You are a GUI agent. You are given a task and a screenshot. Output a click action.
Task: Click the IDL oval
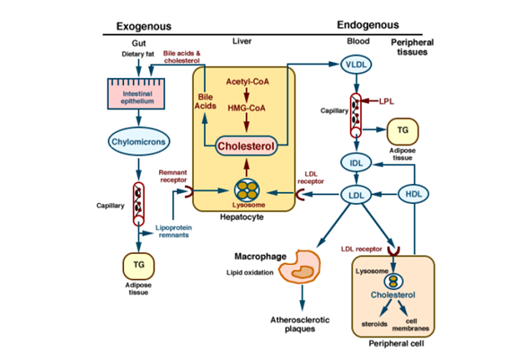click(x=356, y=162)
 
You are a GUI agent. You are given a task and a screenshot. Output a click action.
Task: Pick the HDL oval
click(x=414, y=193)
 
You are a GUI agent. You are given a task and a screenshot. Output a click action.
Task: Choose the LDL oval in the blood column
click(x=356, y=193)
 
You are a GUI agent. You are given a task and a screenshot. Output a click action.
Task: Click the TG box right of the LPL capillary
click(x=403, y=131)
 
